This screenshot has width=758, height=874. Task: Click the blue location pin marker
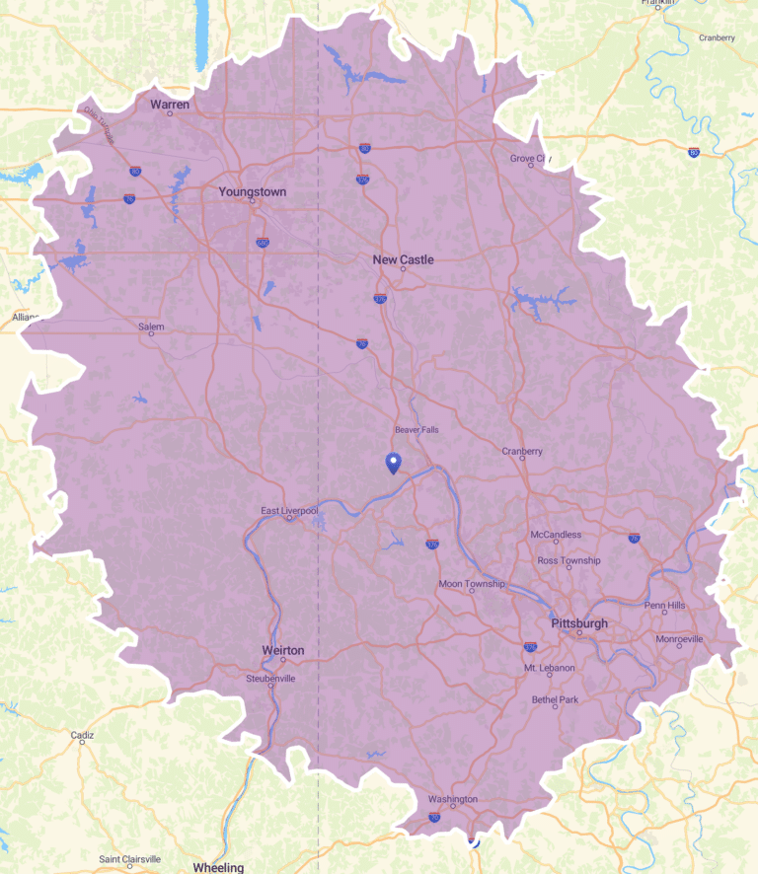click(393, 463)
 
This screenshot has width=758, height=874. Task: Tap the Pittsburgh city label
click(579, 623)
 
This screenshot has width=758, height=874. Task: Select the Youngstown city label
click(253, 191)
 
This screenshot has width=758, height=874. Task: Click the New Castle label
click(403, 259)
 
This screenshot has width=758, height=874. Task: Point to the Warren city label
click(170, 104)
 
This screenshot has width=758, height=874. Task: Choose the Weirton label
click(283, 650)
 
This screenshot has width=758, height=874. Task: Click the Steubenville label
click(271, 679)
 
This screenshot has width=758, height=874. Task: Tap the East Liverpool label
click(289, 510)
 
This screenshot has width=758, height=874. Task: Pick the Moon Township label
click(472, 583)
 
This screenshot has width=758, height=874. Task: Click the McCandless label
click(557, 535)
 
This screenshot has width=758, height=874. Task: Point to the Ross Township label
click(568, 560)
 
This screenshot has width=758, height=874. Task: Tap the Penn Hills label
click(664, 604)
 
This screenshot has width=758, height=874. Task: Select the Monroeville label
click(680, 639)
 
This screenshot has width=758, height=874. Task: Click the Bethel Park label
click(555, 698)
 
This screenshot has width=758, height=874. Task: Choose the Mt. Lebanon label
click(549, 668)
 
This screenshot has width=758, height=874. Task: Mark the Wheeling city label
click(218, 867)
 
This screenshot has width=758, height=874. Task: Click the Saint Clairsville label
click(129, 859)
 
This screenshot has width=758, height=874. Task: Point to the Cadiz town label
click(82, 735)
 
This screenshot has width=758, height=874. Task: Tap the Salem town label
click(151, 327)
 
